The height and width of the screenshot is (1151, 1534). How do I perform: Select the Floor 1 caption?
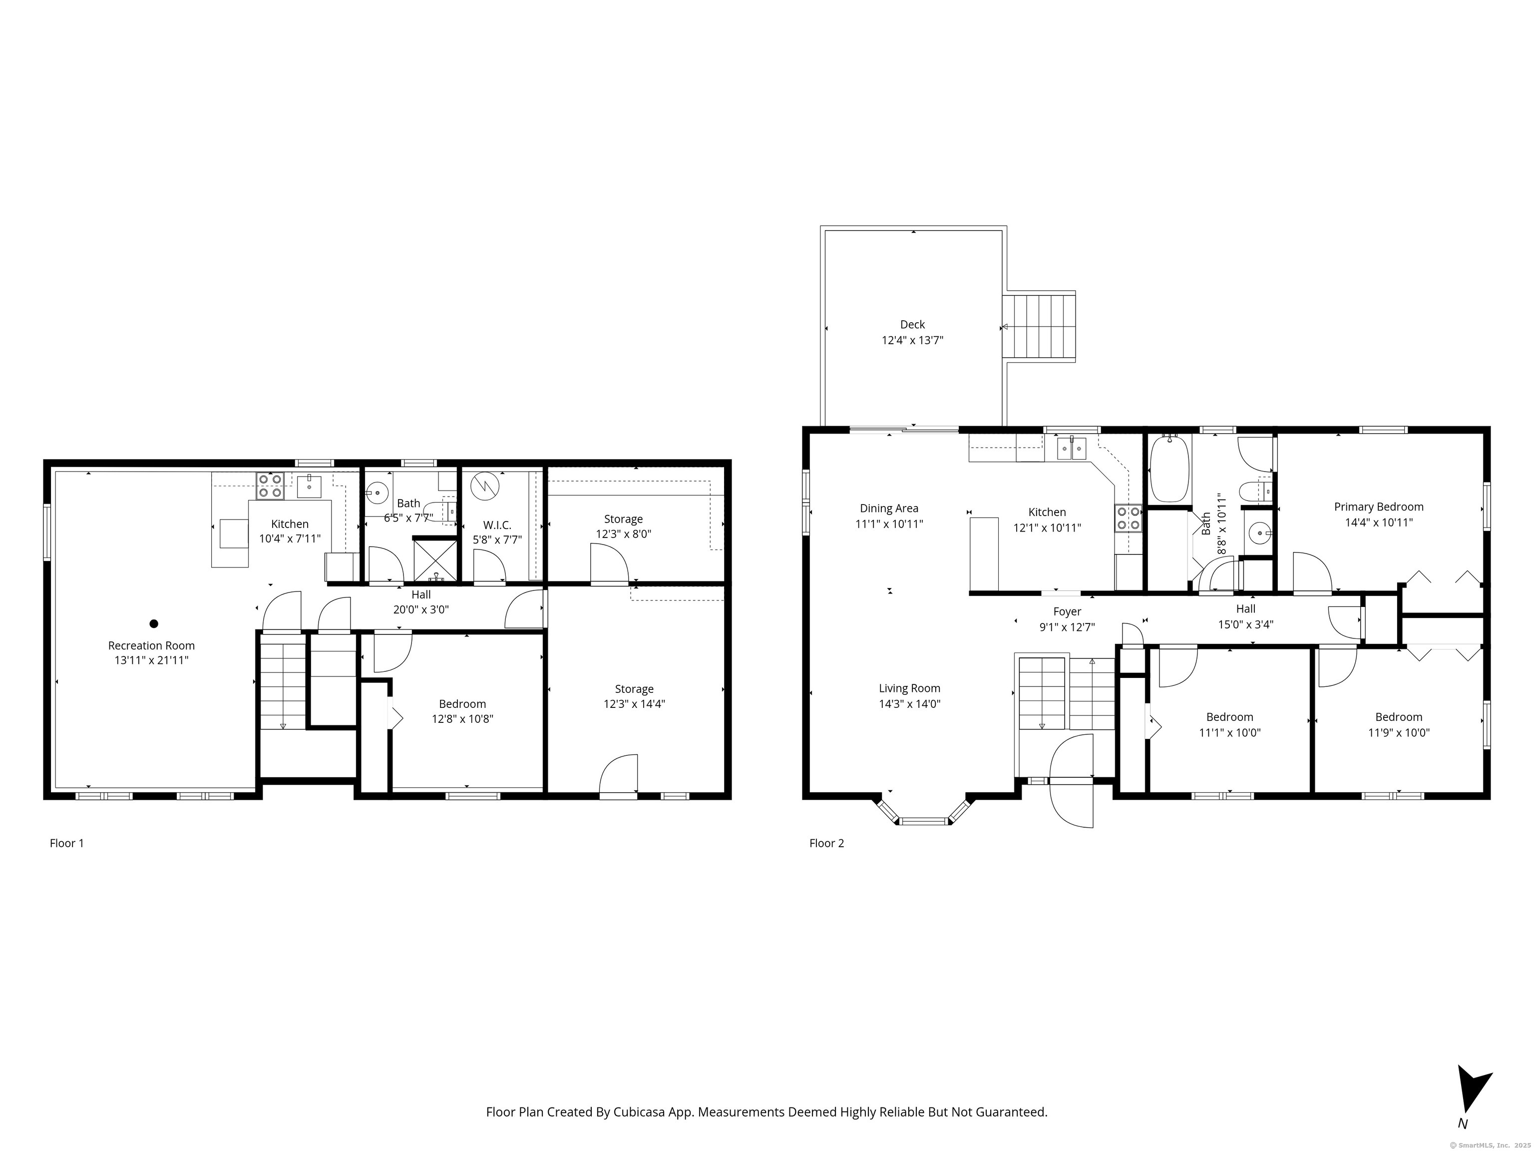coord(66,843)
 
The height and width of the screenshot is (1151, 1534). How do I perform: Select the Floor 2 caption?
coord(826,843)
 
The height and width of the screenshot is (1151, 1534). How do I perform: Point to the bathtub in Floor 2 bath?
coord(1169,468)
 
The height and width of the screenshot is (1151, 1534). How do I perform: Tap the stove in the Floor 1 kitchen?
coord(270,486)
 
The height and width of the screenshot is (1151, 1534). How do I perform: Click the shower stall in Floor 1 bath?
coord(435,559)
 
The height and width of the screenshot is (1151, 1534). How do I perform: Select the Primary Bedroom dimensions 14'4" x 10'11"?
coord(1379,523)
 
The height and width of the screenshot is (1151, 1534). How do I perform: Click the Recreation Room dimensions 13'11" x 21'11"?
coord(151,660)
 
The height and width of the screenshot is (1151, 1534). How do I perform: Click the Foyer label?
coord(1067,611)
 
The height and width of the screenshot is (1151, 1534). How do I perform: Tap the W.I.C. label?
coord(497,525)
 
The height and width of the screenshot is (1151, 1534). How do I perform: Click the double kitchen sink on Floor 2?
coord(1072,449)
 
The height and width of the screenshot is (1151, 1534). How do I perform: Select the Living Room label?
coord(909,688)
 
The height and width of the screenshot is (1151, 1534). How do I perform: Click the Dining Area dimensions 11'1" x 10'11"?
coord(889,524)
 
